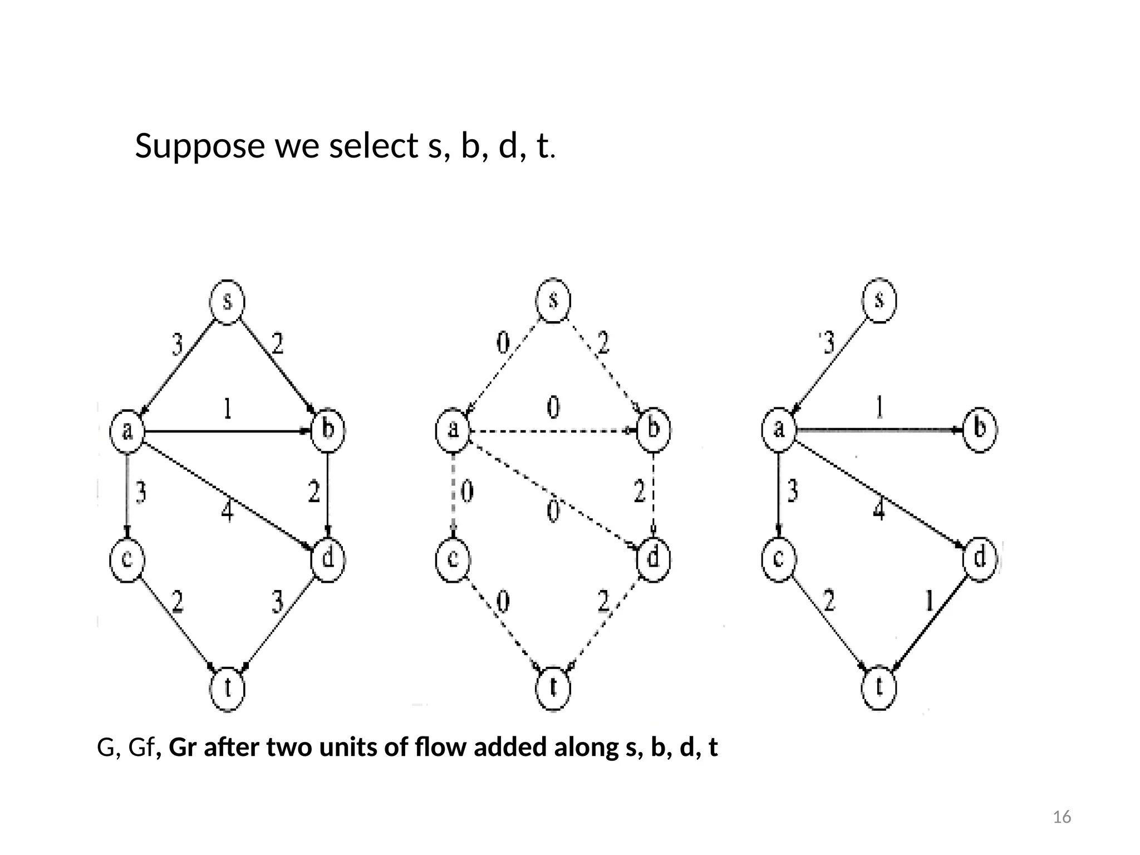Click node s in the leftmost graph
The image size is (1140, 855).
point(227,301)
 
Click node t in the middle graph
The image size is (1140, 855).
point(553,688)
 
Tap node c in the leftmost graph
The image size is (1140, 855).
point(127,559)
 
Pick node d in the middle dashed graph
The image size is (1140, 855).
point(653,558)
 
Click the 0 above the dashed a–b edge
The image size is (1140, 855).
point(553,408)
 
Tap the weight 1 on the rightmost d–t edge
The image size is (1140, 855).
point(929,601)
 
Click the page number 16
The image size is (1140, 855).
point(1062,817)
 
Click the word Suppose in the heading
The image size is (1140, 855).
point(199,146)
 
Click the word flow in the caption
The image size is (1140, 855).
point(440,748)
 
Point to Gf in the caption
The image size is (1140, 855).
point(140,748)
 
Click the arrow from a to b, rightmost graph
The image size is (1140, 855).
point(879,430)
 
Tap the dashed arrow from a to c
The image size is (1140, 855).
point(454,493)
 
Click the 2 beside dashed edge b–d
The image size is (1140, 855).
point(640,492)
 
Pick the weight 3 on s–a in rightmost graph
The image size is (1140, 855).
point(828,343)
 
